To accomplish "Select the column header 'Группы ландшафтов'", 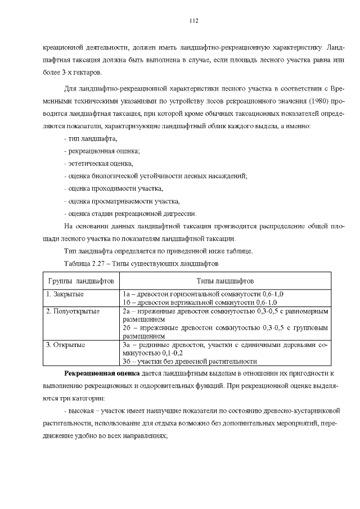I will [81, 280].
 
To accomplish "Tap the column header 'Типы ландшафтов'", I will [225, 280].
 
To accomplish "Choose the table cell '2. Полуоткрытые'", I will [73, 310].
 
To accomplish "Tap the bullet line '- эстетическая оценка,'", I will [99, 163].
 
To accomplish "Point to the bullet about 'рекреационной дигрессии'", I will [130, 213].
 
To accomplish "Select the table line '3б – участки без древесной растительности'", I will [190, 362].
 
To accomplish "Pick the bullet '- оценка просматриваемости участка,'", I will [122, 201].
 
